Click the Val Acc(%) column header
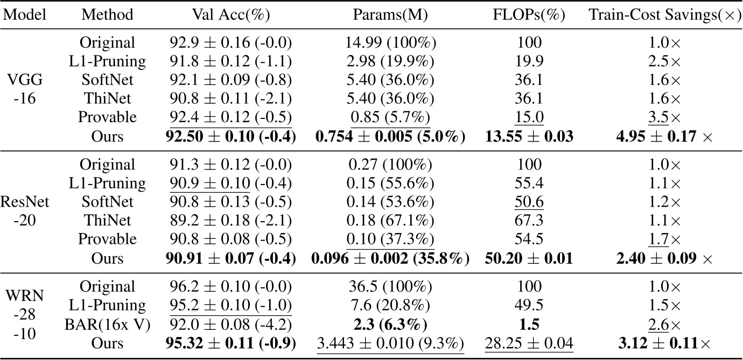click(x=230, y=15)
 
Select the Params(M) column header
click(x=390, y=15)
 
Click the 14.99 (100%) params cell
click(x=390, y=43)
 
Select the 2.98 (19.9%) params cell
click(x=390, y=61)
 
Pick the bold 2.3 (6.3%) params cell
click(x=390, y=324)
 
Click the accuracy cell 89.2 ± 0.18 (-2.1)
click(x=230, y=221)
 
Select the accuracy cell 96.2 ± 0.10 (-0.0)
click(x=230, y=287)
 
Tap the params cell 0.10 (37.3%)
click(x=390, y=239)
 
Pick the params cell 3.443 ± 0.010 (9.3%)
click(x=390, y=343)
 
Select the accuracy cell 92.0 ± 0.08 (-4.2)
click(x=230, y=324)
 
